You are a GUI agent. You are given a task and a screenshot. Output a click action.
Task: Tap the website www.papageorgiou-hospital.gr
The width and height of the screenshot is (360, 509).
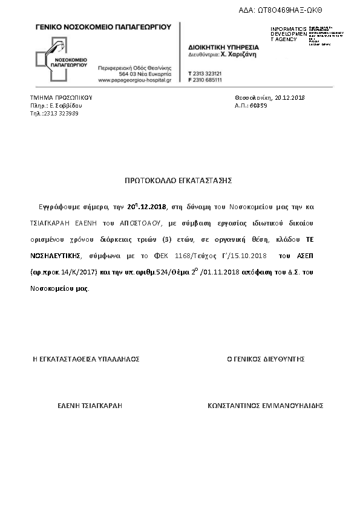click(134, 80)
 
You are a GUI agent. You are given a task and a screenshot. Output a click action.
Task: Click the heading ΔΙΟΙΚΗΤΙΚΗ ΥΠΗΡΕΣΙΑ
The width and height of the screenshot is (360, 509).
click(223, 47)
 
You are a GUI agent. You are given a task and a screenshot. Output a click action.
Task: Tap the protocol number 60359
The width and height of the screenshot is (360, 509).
click(258, 105)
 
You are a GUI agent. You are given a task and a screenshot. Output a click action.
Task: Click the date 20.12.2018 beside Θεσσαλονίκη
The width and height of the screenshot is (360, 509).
click(289, 97)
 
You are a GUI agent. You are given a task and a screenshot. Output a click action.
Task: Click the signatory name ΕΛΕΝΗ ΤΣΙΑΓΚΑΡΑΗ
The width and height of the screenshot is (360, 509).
click(90, 406)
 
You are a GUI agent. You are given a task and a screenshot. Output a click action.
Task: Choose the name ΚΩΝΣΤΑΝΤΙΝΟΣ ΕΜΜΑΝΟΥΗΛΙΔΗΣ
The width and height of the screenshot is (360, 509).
click(266, 406)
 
